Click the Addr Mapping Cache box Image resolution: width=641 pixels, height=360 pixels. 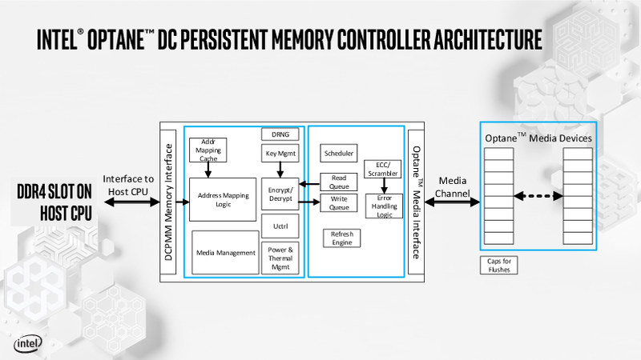pyautogui.click(x=208, y=150)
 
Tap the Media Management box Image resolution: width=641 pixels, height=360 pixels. pyautogui.click(x=225, y=253)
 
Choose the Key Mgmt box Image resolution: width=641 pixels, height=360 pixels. pyautogui.click(x=280, y=153)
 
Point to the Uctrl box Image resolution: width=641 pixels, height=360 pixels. pyautogui.click(x=280, y=226)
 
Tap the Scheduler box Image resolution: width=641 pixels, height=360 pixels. pyautogui.click(x=339, y=153)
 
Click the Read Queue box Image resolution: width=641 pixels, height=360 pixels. pyautogui.click(x=339, y=182)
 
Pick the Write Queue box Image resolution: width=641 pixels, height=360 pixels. pyautogui.click(x=339, y=202)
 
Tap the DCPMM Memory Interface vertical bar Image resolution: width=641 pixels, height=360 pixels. pyautogui.click(x=169, y=202)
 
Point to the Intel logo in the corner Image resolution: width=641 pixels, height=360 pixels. pyautogui.click(x=28, y=344)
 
